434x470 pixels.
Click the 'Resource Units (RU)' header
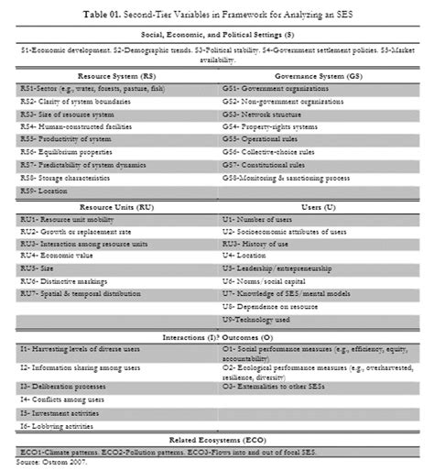(115, 208)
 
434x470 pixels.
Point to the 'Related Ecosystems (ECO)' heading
(217, 442)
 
